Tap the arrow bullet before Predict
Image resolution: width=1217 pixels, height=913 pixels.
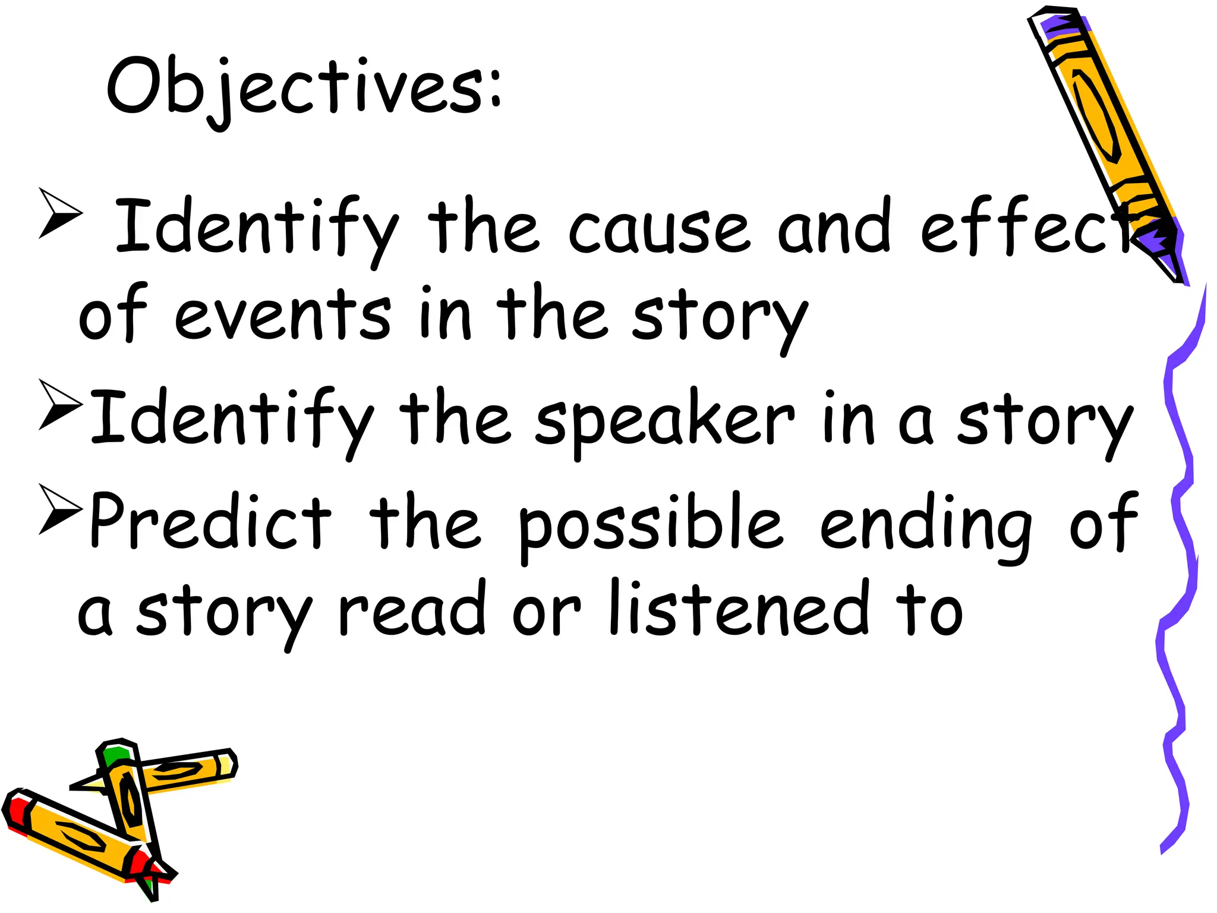coord(60,509)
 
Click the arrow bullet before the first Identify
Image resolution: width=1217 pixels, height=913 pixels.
coord(60,213)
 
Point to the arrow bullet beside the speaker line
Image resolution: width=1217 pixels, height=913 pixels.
coord(60,405)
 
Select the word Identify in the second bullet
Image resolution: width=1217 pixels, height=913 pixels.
coord(232,420)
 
